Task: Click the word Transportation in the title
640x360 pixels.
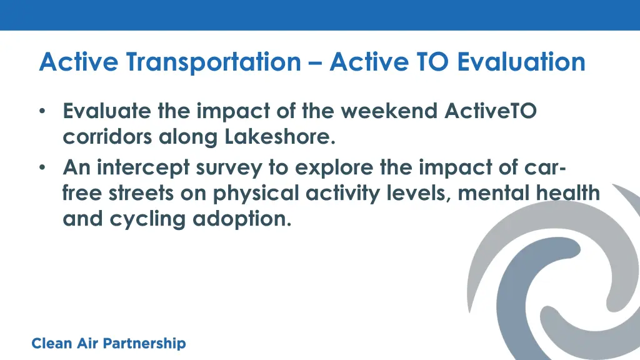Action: point(214,62)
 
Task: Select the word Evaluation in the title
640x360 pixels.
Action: point(521,62)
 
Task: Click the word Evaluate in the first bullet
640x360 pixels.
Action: point(106,111)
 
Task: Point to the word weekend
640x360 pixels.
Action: point(389,111)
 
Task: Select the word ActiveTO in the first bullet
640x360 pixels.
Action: point(490,111)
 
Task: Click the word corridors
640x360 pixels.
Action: point(107,137)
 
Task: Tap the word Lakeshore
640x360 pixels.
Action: point(280,137)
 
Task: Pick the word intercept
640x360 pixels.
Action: point(143,167)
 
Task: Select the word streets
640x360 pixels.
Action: point(141,194)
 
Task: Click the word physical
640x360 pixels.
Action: point(256,194)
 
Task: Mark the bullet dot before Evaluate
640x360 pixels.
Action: point(42,111)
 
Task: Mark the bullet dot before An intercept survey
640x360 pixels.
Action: point(42,167)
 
